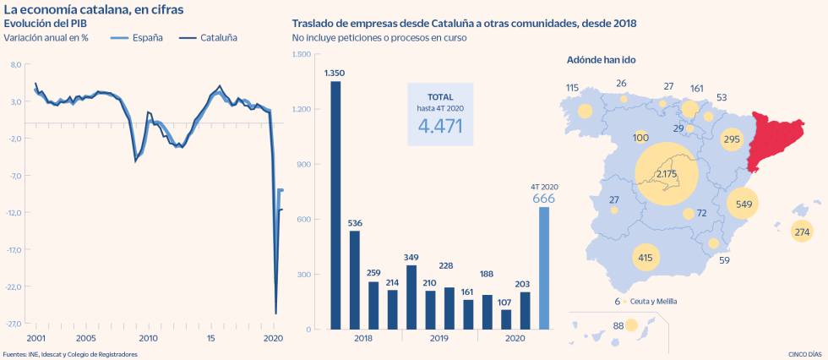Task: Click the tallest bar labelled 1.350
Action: (x=335, y=205)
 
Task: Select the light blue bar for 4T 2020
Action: (x=544, y=268)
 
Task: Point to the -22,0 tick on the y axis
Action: (x=16, y=286)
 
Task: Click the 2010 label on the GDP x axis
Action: (x=148, y=338)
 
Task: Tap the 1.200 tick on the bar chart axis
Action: (x=302, y=109)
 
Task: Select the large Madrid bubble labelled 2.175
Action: (x=666, y=175)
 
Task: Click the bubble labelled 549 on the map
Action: (x=744, y=204)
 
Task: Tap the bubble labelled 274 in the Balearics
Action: (x=802, y=232)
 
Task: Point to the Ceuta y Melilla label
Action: (x=653, y=301)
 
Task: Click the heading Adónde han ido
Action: (x=604, y=61)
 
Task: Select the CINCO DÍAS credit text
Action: (x=800, y=354)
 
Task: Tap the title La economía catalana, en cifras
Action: (x=93, y=8)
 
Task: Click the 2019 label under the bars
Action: (x=439, y=338)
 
